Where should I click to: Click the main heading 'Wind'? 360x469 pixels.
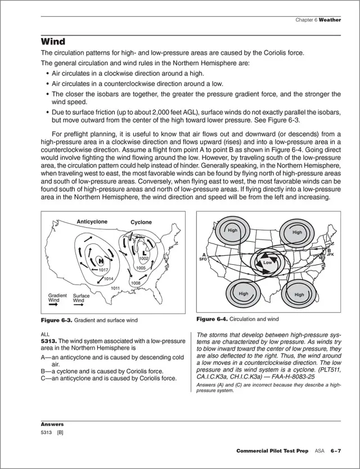coord(53,42)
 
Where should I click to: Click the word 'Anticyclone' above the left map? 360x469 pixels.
coord(92,222)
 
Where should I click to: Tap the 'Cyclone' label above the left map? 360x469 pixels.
coord(141,222)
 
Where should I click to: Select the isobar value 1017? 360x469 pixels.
coord(103,270)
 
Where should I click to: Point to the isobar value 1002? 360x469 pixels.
coord(143,258)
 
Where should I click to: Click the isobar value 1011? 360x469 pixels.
coord(115,288)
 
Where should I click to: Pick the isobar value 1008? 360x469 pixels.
coord(135,283)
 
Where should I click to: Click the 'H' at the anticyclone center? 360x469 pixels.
coord(101,260)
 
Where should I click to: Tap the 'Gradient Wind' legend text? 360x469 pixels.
coord(57,298)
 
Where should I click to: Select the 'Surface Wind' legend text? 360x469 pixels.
coord(82,298)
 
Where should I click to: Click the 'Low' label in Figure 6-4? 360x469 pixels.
coord(267,263)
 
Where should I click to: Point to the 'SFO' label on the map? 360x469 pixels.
coord(204,260)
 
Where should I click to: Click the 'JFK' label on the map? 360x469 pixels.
coord(331,255)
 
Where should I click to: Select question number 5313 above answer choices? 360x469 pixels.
coord(48,341)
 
